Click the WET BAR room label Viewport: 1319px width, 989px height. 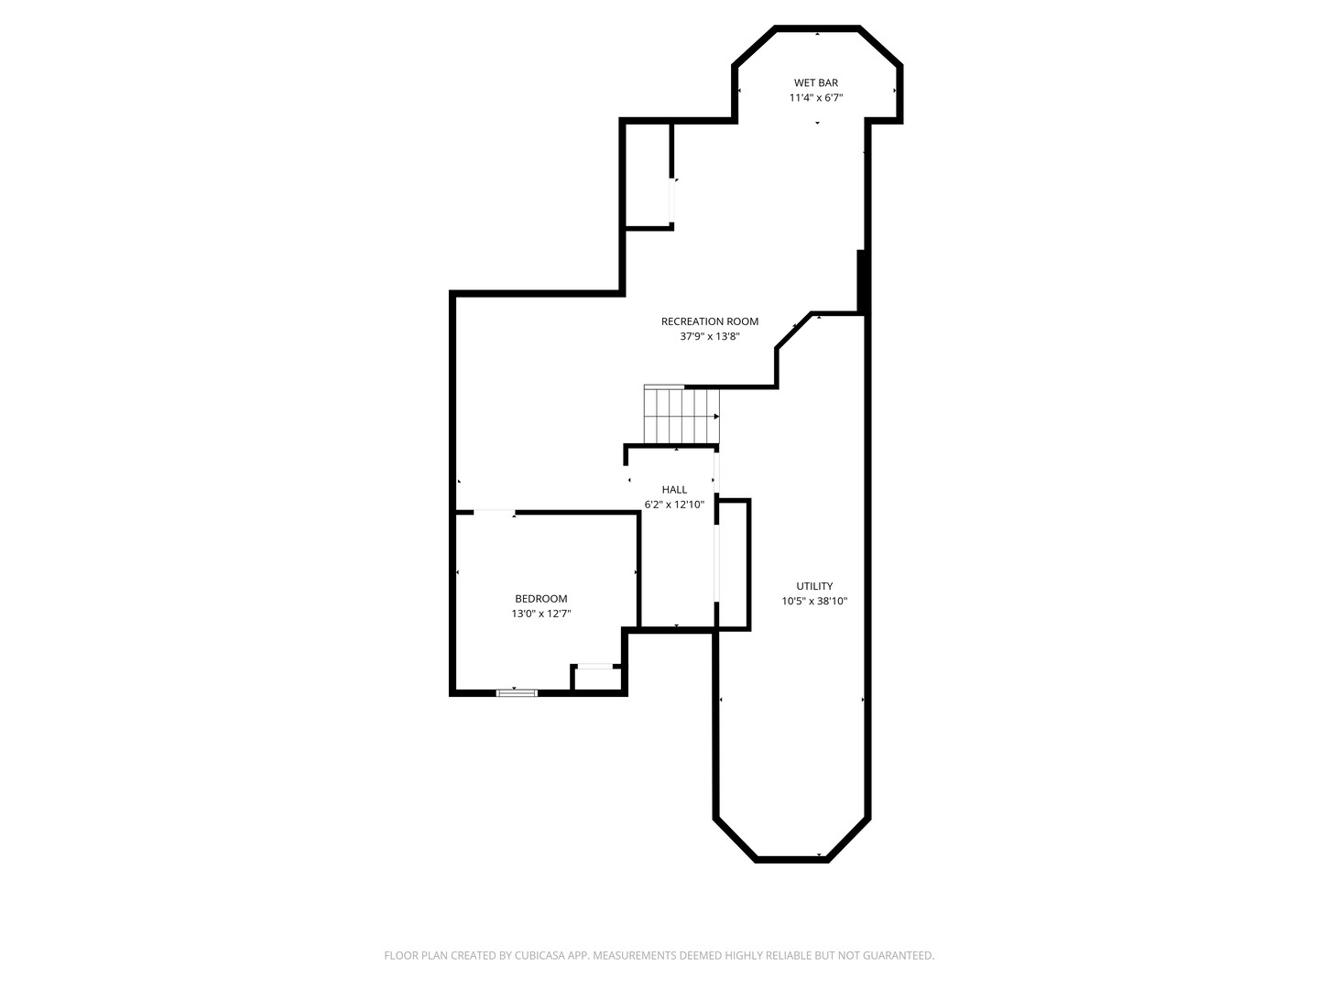(x=815, y=82)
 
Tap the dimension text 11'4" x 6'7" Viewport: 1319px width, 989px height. (x=815, y=98)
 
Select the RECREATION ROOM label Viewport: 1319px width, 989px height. (x=710, y=321)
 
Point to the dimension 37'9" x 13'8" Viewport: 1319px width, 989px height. (x=710, y=336)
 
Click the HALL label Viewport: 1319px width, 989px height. (x=674, y=489)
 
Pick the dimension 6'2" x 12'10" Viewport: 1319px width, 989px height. (x=674, y=505)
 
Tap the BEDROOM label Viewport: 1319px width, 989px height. (x=540, y=599)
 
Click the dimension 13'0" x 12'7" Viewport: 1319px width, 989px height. (x=540, y=614)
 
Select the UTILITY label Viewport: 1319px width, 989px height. (x=814, y=586)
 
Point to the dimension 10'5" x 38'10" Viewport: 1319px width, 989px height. (x=814, y=602)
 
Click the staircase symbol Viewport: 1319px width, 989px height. (x=681, y=415)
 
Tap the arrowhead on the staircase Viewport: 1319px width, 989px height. (x=716, y=417)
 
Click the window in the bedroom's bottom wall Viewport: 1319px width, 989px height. (x=517, y=693)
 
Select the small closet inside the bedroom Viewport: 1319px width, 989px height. (x=596, y=679)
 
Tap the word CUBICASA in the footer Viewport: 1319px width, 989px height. (x=540, y=955)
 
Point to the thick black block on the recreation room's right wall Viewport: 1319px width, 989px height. (x=861, y=281)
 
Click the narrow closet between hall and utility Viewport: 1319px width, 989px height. (x=733, y=564)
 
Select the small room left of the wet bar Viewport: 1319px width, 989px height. (x=648, y=174)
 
